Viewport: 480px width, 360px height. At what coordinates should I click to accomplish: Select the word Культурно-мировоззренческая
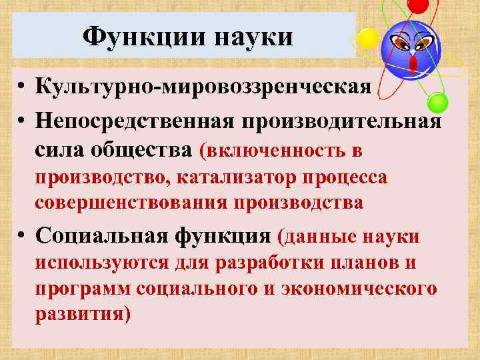[x=203, y=88]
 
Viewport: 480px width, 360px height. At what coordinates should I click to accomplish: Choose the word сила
[x=59, y=151]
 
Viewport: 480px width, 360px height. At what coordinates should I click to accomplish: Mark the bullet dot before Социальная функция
[x=23, y=236]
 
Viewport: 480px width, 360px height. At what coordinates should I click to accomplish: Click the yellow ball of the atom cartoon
[x=367, y=38]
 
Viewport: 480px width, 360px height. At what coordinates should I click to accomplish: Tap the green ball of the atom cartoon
[x=437, y=103]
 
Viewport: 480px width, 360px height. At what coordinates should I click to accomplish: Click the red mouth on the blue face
[x=413, y=64]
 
